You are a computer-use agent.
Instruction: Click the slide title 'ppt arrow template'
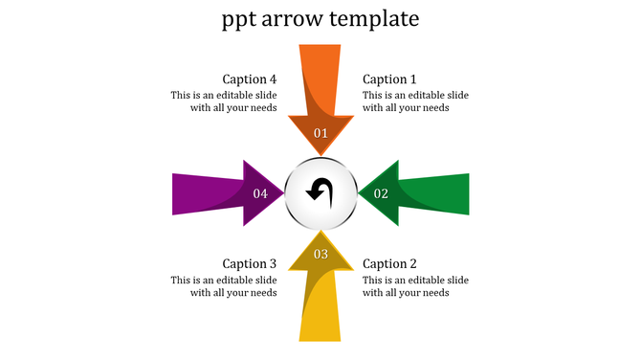320,19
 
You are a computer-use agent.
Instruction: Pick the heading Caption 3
250,264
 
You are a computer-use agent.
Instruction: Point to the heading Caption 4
250,79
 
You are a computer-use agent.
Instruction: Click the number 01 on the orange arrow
320,133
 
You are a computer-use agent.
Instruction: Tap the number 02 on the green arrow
381,193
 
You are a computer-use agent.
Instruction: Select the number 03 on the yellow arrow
320,254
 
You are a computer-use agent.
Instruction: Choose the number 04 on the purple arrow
260,193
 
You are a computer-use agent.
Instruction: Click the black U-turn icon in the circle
320,191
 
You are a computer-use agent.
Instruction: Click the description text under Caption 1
415,101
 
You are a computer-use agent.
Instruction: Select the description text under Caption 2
415,286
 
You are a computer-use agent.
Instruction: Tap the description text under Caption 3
224,286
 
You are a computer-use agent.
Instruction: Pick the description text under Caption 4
224,101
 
